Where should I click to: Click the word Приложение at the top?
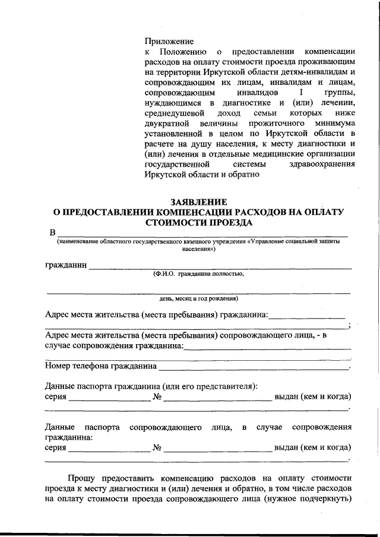[169, 42]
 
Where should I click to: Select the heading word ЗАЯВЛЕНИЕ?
[198, 202]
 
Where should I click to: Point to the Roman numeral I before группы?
[301, 93]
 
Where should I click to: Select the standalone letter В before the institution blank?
[52, 232]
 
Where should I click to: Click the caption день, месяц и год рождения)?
[198, 298]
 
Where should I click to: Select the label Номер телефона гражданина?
[100, 366]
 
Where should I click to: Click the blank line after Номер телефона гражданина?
[254, 368]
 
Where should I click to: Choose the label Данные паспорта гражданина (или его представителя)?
[151, 386]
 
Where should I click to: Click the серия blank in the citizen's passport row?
[109, 398]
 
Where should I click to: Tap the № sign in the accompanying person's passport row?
[157, 447]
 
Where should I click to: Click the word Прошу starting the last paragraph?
[81, 477]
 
